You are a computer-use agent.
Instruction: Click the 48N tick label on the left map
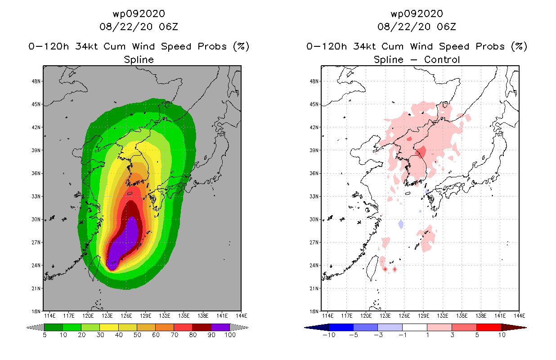click(x=36, y=81)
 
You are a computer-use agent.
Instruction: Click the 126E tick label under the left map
click(x=126, y=316)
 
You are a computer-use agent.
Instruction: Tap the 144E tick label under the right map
click(x=519, y=316)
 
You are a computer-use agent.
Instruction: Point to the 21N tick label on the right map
click(x=314, y=288)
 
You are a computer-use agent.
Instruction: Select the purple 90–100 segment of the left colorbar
click(x=220, y=327)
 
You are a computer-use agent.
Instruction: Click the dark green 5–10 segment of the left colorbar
click(x=54, y=327)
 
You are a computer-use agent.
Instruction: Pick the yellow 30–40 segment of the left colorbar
click(x=109, y=327)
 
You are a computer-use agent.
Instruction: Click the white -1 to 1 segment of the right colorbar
click(x=415, y=327)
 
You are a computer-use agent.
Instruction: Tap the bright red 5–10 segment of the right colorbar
click(x=489, y=327)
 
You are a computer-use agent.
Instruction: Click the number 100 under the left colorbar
click(x=230, y=335)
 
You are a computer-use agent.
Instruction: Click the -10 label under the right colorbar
click(x=329, y=335)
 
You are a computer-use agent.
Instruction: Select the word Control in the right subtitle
click(x=442, y=59)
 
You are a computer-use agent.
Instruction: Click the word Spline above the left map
click(x=139, y=59)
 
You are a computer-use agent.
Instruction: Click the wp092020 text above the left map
click(x=139, y=14)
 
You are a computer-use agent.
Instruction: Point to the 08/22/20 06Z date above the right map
click(x=417, y=27)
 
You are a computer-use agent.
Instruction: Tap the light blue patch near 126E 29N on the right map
click(x=401, y=224)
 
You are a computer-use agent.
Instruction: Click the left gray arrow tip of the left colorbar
click(x=27, y=328)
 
